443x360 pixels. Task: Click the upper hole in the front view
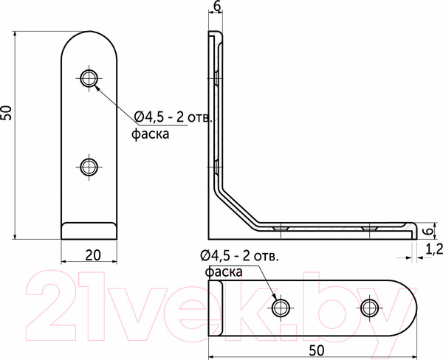point(89,77)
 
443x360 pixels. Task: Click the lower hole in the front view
point(89,166)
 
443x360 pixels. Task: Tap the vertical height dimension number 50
point(7,112)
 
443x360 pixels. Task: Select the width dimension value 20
point(92,255)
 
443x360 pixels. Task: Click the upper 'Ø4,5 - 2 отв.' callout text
point(174,117)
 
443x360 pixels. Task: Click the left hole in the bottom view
point(280,307)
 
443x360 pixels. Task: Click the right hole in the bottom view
point(369,307)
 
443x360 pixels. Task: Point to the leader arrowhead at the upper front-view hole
point(97,84)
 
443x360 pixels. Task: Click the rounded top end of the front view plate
point(89,41)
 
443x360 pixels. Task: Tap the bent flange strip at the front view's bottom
point(89,230)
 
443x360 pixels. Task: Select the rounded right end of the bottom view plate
point(410,307)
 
